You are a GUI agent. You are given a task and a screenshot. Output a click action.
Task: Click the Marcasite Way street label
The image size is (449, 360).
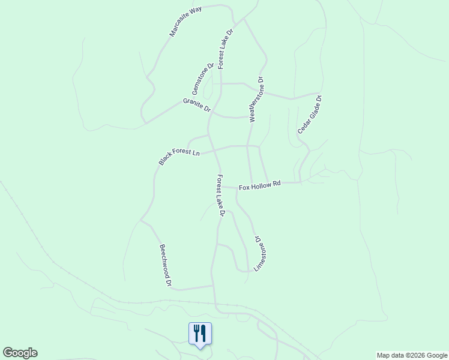185,22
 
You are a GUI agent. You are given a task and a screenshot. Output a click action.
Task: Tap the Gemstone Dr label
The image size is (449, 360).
203,79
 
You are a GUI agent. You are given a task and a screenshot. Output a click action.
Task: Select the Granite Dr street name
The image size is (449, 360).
197,106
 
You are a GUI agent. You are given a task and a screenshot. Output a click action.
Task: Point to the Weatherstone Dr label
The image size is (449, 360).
256,100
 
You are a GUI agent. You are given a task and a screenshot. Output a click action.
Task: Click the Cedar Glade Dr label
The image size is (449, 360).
310,115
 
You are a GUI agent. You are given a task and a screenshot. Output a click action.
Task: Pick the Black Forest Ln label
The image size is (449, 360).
179,155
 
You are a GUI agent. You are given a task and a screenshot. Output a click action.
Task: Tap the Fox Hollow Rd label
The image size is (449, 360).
260,186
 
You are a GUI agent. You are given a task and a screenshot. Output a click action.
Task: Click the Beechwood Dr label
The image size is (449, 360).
166,265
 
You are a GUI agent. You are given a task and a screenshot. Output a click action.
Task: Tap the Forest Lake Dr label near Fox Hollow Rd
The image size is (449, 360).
221,196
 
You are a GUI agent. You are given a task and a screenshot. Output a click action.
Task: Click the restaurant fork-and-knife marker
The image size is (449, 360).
200,334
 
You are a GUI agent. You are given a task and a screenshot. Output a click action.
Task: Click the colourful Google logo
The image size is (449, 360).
20,353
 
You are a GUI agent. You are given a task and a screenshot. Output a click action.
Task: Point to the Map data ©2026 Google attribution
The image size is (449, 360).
412,355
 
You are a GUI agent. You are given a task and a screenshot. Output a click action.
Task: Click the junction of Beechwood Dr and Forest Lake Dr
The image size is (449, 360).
212,286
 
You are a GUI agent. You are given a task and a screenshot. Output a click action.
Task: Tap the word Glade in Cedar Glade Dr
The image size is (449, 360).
310,115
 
